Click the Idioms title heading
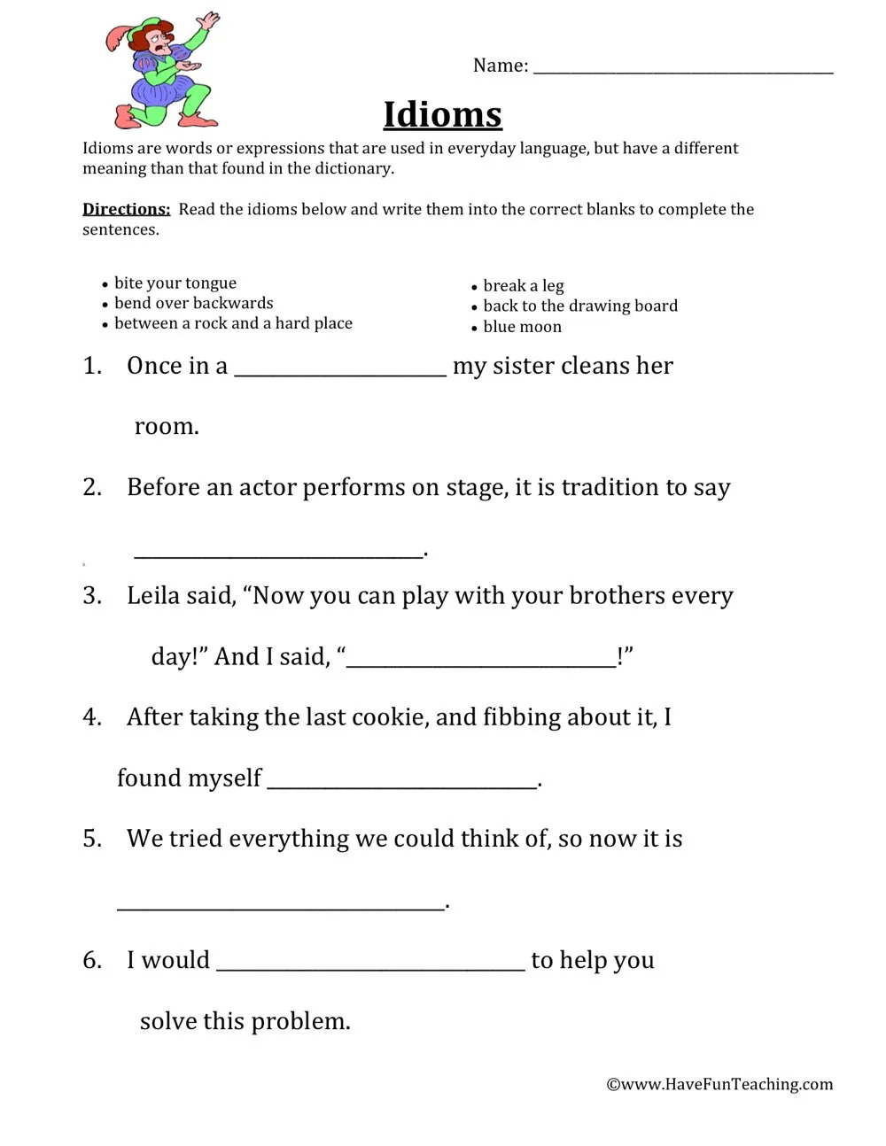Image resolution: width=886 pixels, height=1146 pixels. [442, 115]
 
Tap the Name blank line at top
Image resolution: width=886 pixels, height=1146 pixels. [682, 69]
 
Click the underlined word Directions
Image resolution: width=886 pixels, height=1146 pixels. [126, 209]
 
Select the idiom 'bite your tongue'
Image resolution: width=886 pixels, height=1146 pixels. [175, 283]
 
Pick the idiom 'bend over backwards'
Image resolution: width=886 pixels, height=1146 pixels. [193, 303]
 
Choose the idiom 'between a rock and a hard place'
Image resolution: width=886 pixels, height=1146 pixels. [233, 323]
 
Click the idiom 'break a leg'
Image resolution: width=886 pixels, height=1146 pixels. [523, 285]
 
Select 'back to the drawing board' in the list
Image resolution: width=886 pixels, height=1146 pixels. [579, 306]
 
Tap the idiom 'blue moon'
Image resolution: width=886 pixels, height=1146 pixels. [522, 327]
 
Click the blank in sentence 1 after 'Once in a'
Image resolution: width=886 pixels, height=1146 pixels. [340, 372]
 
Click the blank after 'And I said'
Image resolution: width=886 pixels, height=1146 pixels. [481, 662]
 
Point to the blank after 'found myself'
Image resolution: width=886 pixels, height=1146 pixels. [402, 783]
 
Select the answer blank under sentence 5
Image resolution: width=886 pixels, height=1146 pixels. [280, 905]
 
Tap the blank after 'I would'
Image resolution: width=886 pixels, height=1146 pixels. [370, 966]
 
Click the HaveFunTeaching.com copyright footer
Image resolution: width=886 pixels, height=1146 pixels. [719, 1084]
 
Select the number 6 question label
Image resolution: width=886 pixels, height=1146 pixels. [92, 961]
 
